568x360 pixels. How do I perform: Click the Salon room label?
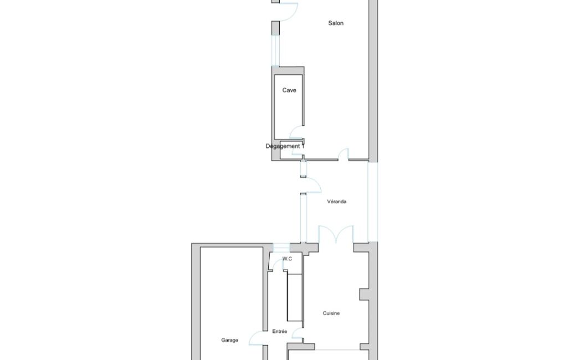tap(336, 23)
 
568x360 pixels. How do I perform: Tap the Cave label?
tap(289, 90)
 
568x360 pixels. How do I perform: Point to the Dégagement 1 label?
tap(285, 146)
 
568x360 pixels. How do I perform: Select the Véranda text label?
tap(336, 202)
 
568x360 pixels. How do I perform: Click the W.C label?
tap(287, 259)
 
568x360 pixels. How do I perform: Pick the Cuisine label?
tap(331, 313)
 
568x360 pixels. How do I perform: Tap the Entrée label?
tap(280, 331)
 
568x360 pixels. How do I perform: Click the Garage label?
tap(229, 340)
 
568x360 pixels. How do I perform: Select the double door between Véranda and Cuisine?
tap(336, 234)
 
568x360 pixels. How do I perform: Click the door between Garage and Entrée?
tap(256, 338)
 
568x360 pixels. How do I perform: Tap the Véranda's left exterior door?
tap(312, 185)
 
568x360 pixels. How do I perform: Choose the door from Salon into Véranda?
tap(344, 154)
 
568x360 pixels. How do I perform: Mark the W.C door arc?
tap(278, 265)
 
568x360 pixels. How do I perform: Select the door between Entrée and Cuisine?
tap(297, 333)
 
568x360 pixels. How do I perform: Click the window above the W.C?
tap(281, 248)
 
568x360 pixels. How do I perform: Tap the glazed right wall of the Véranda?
tap(373, 202)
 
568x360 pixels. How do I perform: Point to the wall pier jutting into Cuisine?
tap(364, 294)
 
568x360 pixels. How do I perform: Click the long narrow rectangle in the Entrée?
tap(294, 298)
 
